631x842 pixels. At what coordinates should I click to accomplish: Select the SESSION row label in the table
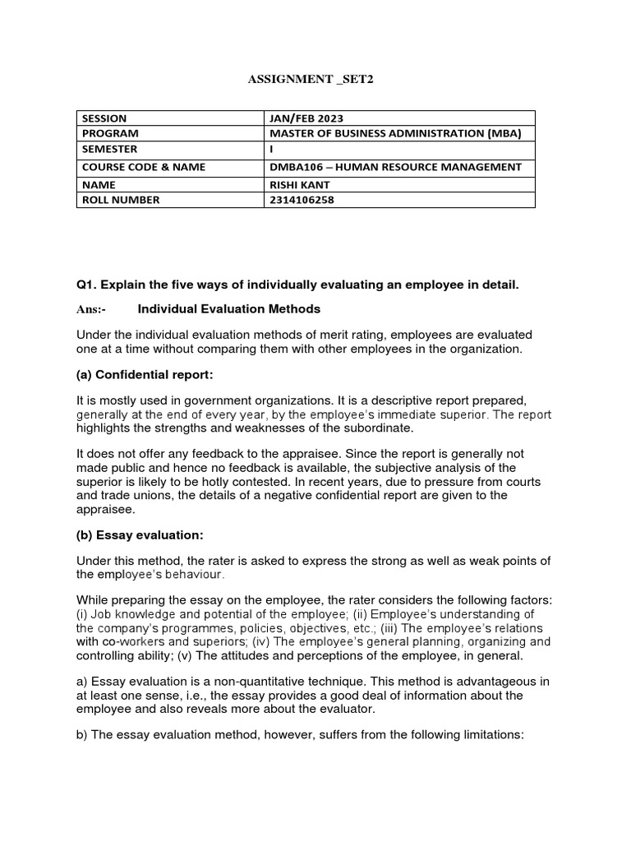coord(104,118)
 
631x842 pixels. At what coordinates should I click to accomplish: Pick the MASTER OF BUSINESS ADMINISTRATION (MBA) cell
coord(396,133)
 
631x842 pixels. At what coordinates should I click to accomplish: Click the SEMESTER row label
coord(109,149)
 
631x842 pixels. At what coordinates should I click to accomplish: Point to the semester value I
coord(271,150)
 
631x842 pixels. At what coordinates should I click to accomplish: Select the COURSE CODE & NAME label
coord(143,167)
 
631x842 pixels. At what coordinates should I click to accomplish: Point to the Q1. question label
coord(87,285)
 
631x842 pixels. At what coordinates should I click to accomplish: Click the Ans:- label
coord(91,310)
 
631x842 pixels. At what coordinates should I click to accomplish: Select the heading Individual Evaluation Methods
coord(228,309)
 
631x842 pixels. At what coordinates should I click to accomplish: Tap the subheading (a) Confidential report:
coord(145,375)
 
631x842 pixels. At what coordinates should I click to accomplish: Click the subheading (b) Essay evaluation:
coord(139,535)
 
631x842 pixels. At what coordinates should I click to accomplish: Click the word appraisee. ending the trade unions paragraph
coord(104,509)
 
